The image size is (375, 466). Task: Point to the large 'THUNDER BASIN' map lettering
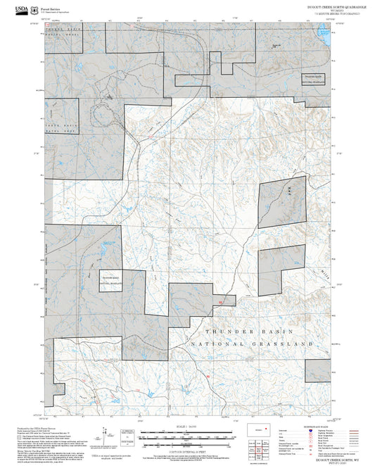pos(236,330)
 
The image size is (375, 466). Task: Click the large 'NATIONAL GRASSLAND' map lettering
pos(250,344)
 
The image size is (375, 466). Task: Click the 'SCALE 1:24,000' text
pos(188,427)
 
